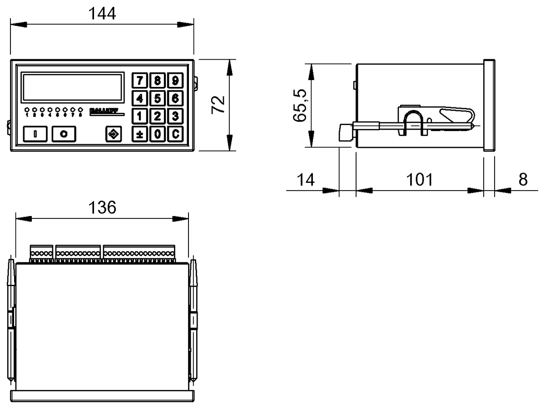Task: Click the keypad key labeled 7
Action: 140,81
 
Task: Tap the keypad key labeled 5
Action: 157,98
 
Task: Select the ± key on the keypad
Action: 140,134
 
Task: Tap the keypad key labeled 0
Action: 157,134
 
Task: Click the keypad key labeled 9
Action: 174,81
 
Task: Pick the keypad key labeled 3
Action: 174,116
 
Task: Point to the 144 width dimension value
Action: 102,14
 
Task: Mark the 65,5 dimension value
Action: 299,105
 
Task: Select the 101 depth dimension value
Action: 419,180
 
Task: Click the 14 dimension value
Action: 306,180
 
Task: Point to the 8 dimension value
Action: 523,180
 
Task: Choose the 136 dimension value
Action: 102,207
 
